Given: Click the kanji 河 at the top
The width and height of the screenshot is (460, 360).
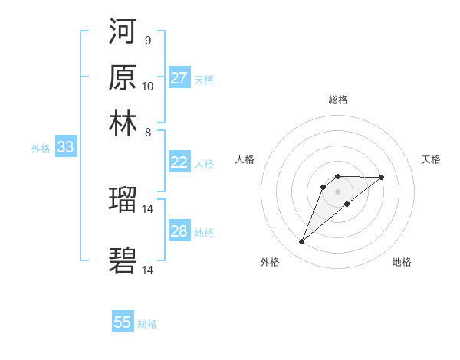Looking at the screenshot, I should pyautogui.click(x=123, y=32).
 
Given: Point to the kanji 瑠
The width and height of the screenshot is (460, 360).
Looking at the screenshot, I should pyautogui.click(x=123, y=201).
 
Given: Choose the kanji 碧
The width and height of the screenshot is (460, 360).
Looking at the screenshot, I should pyautogui.click(x=123, y=260).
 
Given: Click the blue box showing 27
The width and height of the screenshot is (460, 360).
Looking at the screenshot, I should pyautogui.click(x=179, y=78).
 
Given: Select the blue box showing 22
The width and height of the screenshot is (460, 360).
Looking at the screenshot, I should pyautogui.click(x=179, y=162).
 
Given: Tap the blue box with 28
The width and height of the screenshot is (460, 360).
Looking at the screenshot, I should pyautogui.click(x=179, y=231).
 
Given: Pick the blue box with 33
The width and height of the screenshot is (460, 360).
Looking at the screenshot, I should pyautogui.click(x=65, y=148).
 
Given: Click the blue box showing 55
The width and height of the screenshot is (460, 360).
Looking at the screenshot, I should pyautogui.click(x=123, y=322).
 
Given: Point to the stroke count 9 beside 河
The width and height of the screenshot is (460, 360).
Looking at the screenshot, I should pyautogui.click(x=147, y=40).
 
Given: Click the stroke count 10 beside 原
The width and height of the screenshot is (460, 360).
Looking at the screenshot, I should pyautogui.click(x=148, y=86).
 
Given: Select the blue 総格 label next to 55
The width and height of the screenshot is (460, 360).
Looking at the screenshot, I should pyautogui.click(x=147, y=324).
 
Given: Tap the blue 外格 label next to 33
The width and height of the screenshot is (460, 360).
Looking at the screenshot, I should pyautogui.click(x=41, y=149).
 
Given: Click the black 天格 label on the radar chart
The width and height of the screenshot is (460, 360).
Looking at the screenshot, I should pyautogui.click(x=431, y=159).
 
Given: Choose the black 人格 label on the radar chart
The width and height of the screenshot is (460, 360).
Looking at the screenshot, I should pyautogui.click(x=245, y=159).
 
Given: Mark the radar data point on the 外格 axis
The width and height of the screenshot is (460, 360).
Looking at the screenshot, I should pyautogui.click(x=301, y=242).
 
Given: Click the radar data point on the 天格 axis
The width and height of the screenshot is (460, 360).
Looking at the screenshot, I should pyautogui.click(x=382, y=177).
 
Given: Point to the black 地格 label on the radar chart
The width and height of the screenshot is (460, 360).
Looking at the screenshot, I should pyautogui.click(x=402, y=262).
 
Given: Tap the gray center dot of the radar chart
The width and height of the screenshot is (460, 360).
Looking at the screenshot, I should pyautogui.click(x=337, y=191).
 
